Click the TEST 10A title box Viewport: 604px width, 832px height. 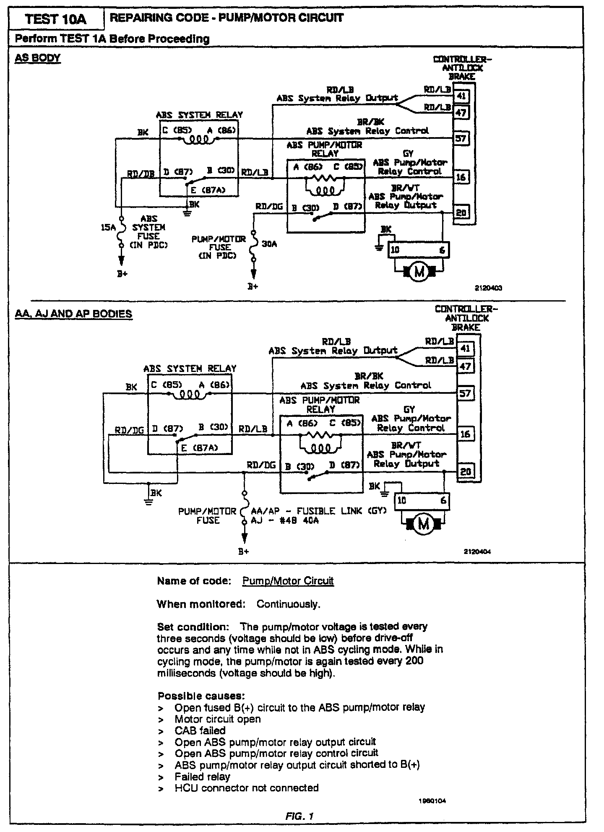click(x=56, y=19)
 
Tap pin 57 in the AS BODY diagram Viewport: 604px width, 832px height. click(x=461, y=138)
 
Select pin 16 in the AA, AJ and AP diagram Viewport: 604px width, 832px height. click(x=465, y=434)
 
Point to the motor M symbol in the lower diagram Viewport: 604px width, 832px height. click(x=424, y=524)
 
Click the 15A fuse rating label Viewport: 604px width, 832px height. click(x=108, y=227)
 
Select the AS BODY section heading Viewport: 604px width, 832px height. click(x=38, y=58)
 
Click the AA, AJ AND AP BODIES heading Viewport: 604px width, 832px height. click(x=73, y=314)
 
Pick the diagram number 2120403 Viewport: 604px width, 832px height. click(x=488, y=288)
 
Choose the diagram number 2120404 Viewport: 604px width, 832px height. click(x=477, y=552)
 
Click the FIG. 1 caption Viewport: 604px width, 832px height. click(x=299, y=816)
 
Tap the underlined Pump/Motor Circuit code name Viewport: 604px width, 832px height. click(x=288, y=581)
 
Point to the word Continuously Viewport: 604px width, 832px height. click(x=288, y=604)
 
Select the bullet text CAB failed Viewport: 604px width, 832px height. click(x=200, y=731)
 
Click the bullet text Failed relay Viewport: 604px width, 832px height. click(x=203, y=777)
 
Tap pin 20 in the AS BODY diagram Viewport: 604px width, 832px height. click(x=461, y=213)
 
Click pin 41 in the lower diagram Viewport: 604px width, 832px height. click(x=465, y=348)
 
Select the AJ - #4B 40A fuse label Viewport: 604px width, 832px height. click(x=284, y=521)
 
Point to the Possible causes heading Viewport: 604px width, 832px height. click(x=201, y=696)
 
